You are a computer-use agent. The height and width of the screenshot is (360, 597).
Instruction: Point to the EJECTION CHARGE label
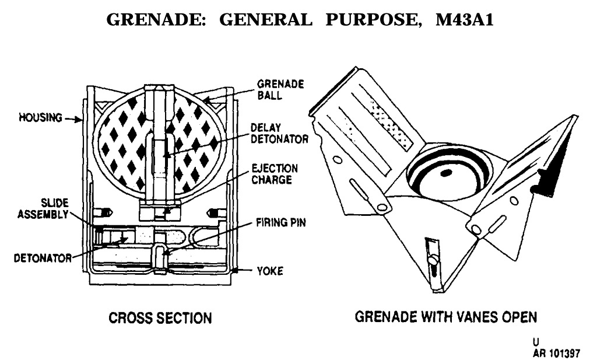click(x=272, y=173)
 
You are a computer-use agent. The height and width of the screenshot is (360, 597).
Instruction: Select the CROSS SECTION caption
click(x=161, y=318)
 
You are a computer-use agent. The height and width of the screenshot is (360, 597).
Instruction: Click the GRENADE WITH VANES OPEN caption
click(x=446, y=318)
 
